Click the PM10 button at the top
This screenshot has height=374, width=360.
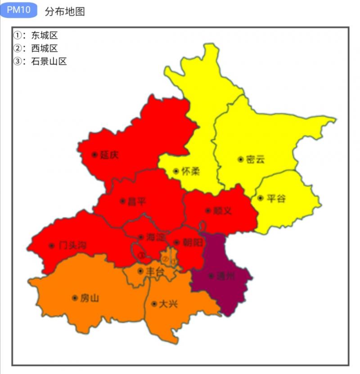pyautogui.click(x=18, y=10)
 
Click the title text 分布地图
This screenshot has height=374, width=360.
pyautogui.click(x=65, y=12)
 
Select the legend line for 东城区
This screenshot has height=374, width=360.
pyautogui.click(x=36, y=36)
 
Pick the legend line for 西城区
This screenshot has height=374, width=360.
pyautogui.click(x=36, y=49)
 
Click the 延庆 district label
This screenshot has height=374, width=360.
pyautogui.click(x=109, y=155)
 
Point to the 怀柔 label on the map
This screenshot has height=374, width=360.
pyautogui.click(x=190, y=171)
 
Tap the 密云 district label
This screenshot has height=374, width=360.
pyautogui.click(x=255, y=159)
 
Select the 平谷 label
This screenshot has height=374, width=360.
pyautogui.click(x=276, y=198)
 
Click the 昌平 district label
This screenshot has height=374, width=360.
pyautogui.click(x=137, y=202)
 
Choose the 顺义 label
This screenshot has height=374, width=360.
pyautogui.click(x=222, y=210)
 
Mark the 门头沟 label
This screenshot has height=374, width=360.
pyautogui.click(x=72, y=246)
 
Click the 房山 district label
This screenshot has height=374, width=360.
pyautogui.click(x=90, y=298)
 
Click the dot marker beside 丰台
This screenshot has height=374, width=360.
pyautogui.click(x=140, y=271)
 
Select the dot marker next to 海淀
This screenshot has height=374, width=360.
pyautogui.click(x=141, y=237)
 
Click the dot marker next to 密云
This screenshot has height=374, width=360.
pyautogui.click(x=241, y=159)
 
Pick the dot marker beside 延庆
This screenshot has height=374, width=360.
pyautogui.click(x=94, y=154)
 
